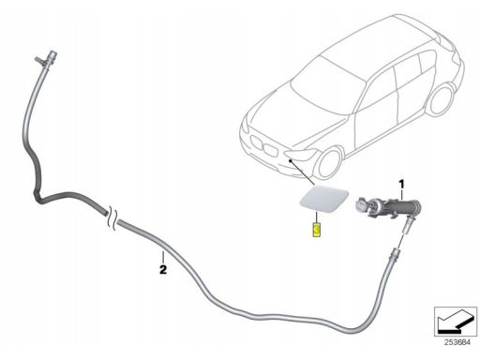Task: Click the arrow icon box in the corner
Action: coord(455,324)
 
